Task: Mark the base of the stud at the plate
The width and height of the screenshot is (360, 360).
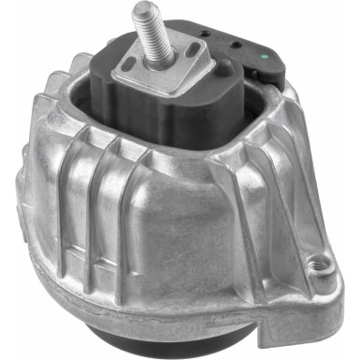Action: tap(156, 62)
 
